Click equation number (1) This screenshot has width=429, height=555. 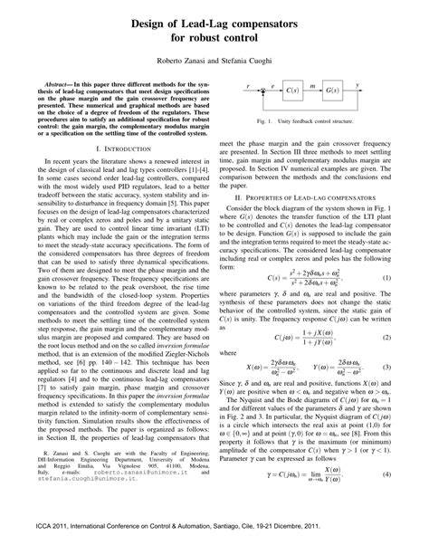409,276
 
